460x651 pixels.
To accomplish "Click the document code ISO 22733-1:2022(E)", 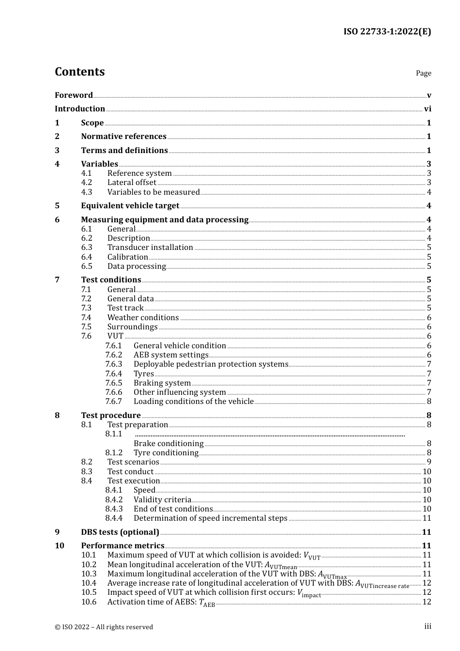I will point(387,31).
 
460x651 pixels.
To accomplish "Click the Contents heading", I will point(79,72).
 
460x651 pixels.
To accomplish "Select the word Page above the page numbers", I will point(423,73).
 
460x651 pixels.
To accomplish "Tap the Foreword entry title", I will point(74,95).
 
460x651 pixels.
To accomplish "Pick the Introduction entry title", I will point(80,108).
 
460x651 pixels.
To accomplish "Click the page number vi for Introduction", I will point(428,108).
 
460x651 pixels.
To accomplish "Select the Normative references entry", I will point(123,136).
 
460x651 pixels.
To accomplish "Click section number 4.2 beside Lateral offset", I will point(86,182).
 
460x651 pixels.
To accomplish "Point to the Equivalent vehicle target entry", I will point(130,205).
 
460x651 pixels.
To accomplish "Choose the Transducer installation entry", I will point(150,247).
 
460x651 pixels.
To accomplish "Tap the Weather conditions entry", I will point(143,317).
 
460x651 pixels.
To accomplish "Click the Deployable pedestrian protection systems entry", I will point(211,364).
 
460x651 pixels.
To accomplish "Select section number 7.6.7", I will point(113,401).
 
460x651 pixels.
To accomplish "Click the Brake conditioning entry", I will point(169,443).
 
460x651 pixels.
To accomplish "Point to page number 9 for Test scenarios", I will point(429,462).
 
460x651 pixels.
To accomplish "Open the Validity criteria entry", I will point(162,499).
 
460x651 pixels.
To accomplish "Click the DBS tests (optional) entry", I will point(120,532).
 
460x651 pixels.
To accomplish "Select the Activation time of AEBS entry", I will point(161,602).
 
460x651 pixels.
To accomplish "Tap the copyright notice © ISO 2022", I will point(104,627).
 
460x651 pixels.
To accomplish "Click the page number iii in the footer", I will point(428,626).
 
